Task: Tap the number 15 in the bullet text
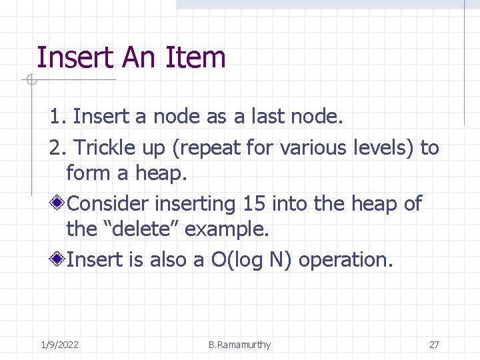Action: coord(254,203)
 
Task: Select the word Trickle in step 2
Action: coord(105,147)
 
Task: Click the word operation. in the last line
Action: coord(347,260)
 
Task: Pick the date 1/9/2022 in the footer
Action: coord(59,345)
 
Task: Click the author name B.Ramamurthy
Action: coord(239,345)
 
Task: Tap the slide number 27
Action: coord(434,345)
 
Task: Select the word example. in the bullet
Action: coord(227,230)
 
